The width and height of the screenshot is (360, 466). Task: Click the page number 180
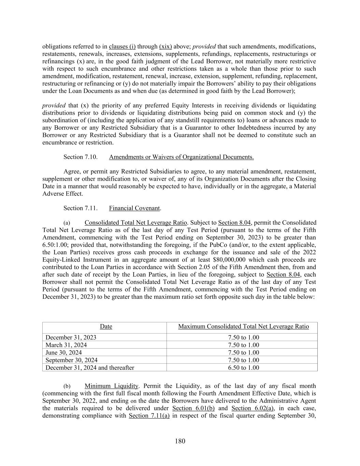pos(180,441)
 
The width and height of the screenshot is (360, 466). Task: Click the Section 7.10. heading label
pos(81,157)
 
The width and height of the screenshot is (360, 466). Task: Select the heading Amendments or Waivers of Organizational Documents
pos(181,157)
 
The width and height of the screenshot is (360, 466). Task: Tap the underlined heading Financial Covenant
pos(134,208)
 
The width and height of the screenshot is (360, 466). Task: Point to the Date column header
pos(106,327)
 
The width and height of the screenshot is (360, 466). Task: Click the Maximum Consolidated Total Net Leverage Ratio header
pos(243,327)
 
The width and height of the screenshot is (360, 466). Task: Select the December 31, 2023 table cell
pos(71,338)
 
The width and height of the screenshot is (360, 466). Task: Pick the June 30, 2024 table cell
pos(64,353)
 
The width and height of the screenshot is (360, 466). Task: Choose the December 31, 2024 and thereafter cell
pos(90,368)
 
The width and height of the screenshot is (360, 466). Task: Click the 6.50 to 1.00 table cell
pos(243,368)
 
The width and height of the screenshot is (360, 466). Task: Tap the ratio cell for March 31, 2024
pos(243,345)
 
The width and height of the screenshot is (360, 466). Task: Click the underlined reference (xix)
pos(165,46)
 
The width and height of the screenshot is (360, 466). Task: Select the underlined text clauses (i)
pos(122,46)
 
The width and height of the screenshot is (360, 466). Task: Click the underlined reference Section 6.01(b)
pos(193,408)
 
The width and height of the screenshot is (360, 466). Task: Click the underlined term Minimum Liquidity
pos(112,386)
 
